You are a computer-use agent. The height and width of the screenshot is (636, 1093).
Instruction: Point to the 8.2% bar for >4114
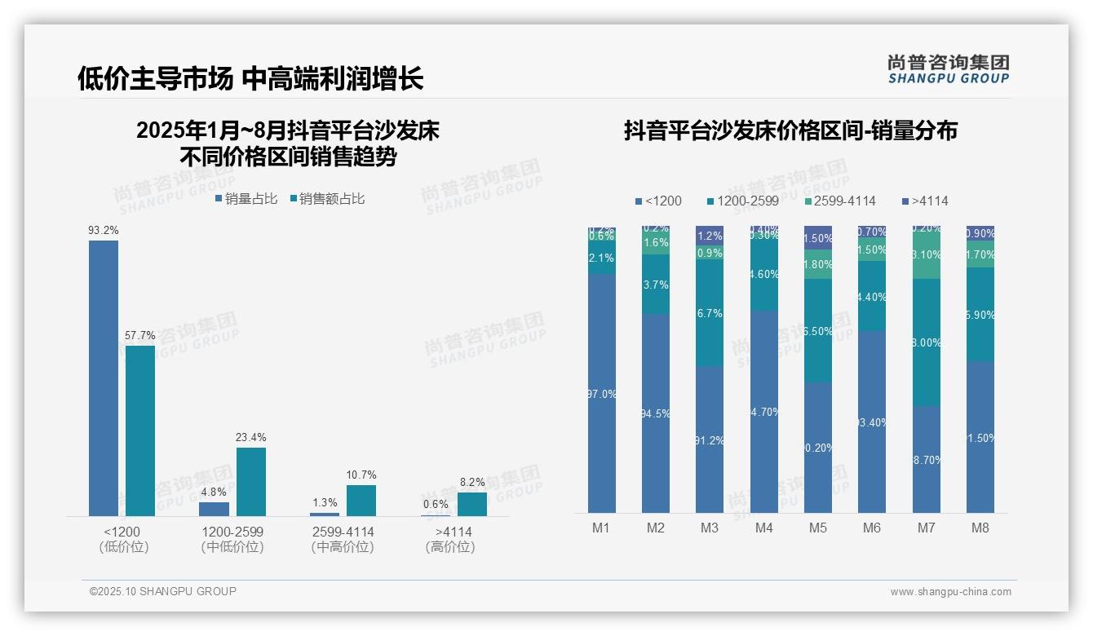pyautogui.click(x=471, y=504)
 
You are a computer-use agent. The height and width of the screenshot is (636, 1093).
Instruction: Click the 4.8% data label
pyautogui.click(x=214, y=492)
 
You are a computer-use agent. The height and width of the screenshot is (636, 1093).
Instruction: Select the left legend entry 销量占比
pyautogui.click(x=246, y=199)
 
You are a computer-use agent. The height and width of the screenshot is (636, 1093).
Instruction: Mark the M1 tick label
pyautogui.click(x=601, y=528)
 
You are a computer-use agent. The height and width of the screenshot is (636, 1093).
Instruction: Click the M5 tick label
pyautogui.click(x=818, y=528)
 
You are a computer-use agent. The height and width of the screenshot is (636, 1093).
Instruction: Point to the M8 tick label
pyautogui.click(x=980, y=528)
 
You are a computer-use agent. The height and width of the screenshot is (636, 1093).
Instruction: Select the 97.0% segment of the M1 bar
pyautogui.click(x=602, y=393)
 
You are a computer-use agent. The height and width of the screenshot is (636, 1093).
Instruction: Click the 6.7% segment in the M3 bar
pyautogui.click(x=710, y=314)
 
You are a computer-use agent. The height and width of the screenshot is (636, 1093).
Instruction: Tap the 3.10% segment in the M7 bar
pyautogui.click(x=927, y=255)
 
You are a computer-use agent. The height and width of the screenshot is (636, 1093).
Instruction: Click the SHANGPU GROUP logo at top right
pyautogui.click(x=948, y=68)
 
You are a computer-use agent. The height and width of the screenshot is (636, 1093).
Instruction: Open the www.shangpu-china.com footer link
pyautogui.click(x=950, y=592)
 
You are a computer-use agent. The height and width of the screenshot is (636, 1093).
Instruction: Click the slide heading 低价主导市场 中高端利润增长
pyautogui.click(x=250, y=78)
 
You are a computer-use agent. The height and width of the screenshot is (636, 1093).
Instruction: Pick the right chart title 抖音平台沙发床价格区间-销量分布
pyautogui.click(x=790, y=130)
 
